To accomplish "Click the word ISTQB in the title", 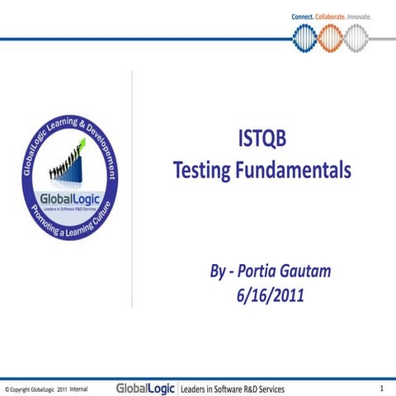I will coord(262,142).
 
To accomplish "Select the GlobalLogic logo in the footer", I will coord(145,387).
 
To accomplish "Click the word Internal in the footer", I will coord(79,388).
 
